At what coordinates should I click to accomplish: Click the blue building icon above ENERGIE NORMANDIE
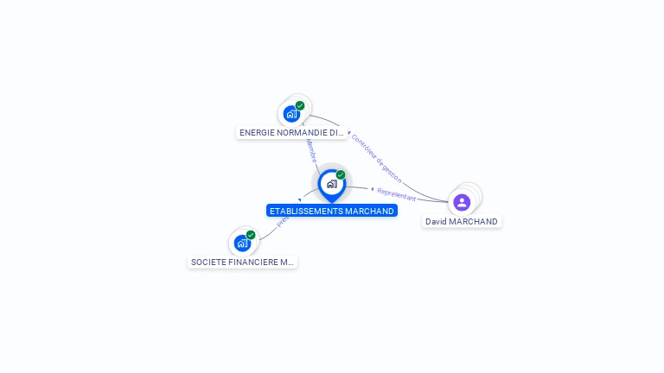point(291,114)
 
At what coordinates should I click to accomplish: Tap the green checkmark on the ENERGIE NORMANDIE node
point(300,105)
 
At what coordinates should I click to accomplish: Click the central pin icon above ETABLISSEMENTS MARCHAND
point(331,183)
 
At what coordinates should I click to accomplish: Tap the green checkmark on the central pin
point(341,174)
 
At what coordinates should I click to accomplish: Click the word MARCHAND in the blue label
point(367,211)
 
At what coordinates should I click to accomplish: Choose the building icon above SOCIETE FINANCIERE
point(242,243)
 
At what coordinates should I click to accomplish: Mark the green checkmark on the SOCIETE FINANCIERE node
point(251,235)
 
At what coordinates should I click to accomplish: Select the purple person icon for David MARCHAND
point(462,202)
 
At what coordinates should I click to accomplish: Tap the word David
point(436,222)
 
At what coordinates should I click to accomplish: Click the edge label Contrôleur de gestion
point(377,158)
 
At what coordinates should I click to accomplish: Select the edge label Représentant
point(397,193)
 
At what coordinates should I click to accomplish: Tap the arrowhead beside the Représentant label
point(372,189)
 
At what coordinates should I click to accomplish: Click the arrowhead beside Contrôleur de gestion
point(349,133)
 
